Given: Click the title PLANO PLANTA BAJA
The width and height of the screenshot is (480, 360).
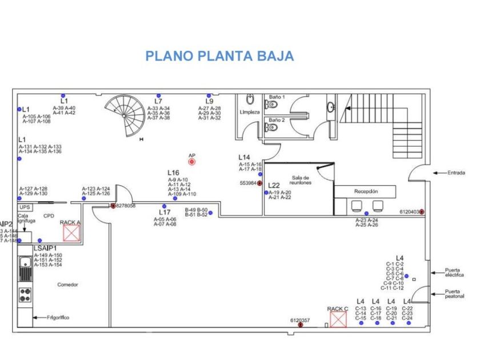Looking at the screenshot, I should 219,56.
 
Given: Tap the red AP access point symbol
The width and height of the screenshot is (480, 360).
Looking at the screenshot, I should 192,162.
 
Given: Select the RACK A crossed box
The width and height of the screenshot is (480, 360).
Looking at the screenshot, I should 71,233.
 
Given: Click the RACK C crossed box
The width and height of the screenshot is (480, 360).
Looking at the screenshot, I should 338,319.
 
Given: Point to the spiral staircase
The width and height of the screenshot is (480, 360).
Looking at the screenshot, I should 125,114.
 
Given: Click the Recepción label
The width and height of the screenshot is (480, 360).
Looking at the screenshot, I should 366,191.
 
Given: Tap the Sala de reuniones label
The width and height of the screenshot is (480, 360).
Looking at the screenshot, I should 302,179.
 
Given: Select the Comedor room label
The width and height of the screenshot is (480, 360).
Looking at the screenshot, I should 67,285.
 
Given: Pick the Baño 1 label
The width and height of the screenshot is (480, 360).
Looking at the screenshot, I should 277,98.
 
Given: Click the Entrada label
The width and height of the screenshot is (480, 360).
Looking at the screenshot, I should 457,172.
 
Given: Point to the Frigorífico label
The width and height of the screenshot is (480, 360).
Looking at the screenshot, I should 58,317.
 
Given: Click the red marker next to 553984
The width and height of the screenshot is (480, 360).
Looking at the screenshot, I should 259,183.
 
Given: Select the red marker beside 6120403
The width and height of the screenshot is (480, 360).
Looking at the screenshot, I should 422,212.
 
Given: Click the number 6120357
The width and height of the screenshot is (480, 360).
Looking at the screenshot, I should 300,321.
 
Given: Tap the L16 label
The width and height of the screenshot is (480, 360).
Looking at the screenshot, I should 173,173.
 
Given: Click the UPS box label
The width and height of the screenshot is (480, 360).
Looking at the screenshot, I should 25,207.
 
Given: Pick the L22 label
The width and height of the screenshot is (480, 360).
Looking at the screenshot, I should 274,186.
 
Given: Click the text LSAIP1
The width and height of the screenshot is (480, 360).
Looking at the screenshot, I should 45,249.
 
